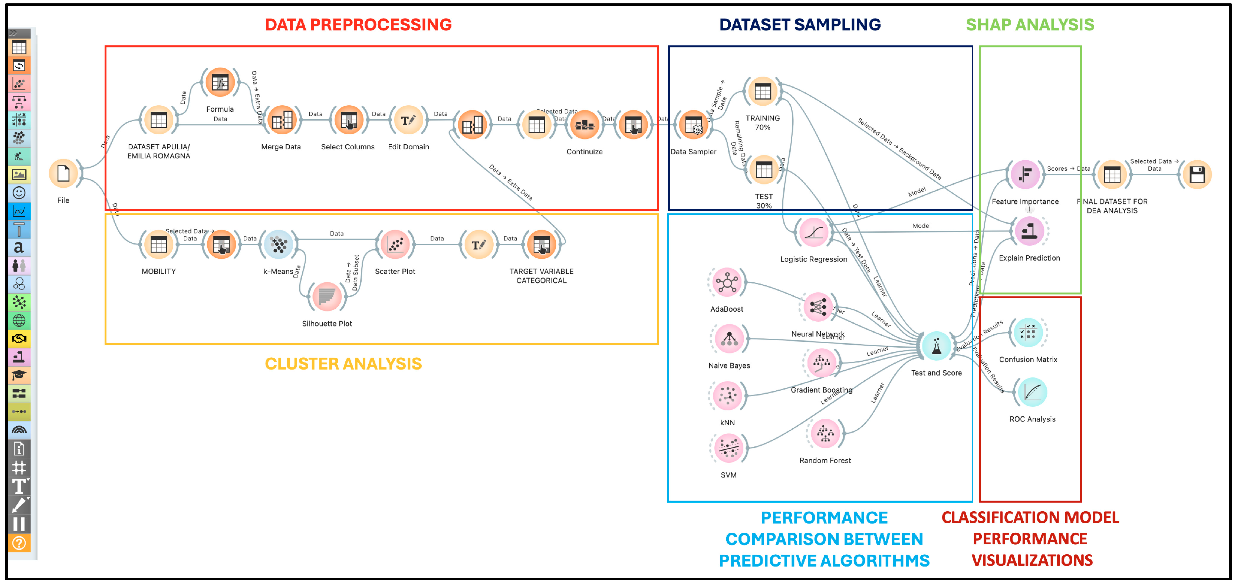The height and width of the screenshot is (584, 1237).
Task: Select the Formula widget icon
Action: (220, 83)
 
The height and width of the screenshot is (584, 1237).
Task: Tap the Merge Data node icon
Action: (282, 121)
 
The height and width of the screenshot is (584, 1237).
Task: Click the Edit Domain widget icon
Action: (408, 121)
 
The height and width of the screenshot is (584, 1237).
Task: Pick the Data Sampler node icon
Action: (693, 125)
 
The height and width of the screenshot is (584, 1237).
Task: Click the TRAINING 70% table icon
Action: (763, 91)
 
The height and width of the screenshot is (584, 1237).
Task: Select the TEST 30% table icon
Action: (763, 170)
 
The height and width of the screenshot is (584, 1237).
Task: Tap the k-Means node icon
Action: (279, 245)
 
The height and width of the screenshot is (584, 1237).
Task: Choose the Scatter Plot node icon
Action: (395, 245)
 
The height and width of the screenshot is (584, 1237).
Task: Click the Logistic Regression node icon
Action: (813, 232)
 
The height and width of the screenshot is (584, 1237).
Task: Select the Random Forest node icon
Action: (825, 433)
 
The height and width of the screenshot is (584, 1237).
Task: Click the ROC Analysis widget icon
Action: (1032, 393)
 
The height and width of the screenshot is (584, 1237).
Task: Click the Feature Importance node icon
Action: (1025, 174)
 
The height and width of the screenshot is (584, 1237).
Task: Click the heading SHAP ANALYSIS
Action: (1030, 25)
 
